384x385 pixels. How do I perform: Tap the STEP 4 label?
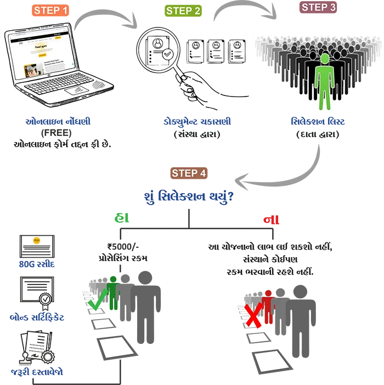point(189,173)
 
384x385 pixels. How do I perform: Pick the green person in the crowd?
point(325,80)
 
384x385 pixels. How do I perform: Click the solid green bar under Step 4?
point(149,217)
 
